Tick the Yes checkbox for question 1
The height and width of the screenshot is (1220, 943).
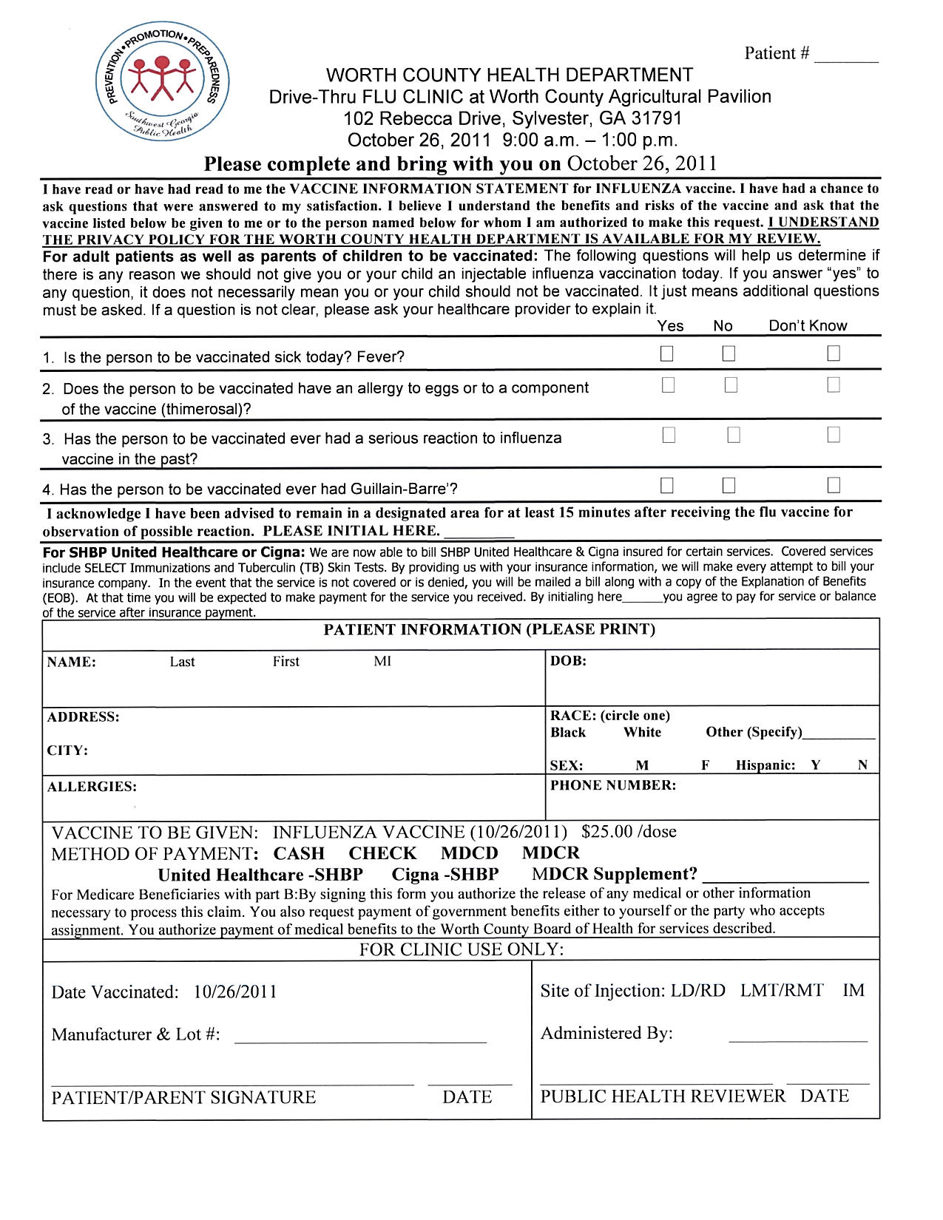point(667,354)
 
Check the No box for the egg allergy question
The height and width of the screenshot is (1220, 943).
point(731,385)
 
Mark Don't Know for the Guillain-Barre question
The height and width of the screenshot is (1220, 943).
point(834,486)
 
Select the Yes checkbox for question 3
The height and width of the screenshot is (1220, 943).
point(669,436)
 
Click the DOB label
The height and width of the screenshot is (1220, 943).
point(568,661)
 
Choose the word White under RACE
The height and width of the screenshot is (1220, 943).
point(642,732)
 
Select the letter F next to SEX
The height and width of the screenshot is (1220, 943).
point(706,765)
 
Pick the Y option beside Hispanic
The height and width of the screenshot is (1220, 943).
point(815,765)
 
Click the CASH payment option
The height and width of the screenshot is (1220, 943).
point(299,853)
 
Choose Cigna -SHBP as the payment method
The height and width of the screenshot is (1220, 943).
point(445,875)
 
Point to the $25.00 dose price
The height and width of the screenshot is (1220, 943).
point(629,832)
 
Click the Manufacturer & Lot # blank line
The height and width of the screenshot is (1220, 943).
point(360,1039)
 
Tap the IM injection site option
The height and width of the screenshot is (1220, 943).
point(854,991)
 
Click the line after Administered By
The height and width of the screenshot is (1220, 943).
point(797,1038)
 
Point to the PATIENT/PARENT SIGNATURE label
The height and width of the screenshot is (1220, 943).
point(183,1097)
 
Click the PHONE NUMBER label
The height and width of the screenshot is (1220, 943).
point(613,785)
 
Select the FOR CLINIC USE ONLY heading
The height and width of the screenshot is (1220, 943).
point(462,949)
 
